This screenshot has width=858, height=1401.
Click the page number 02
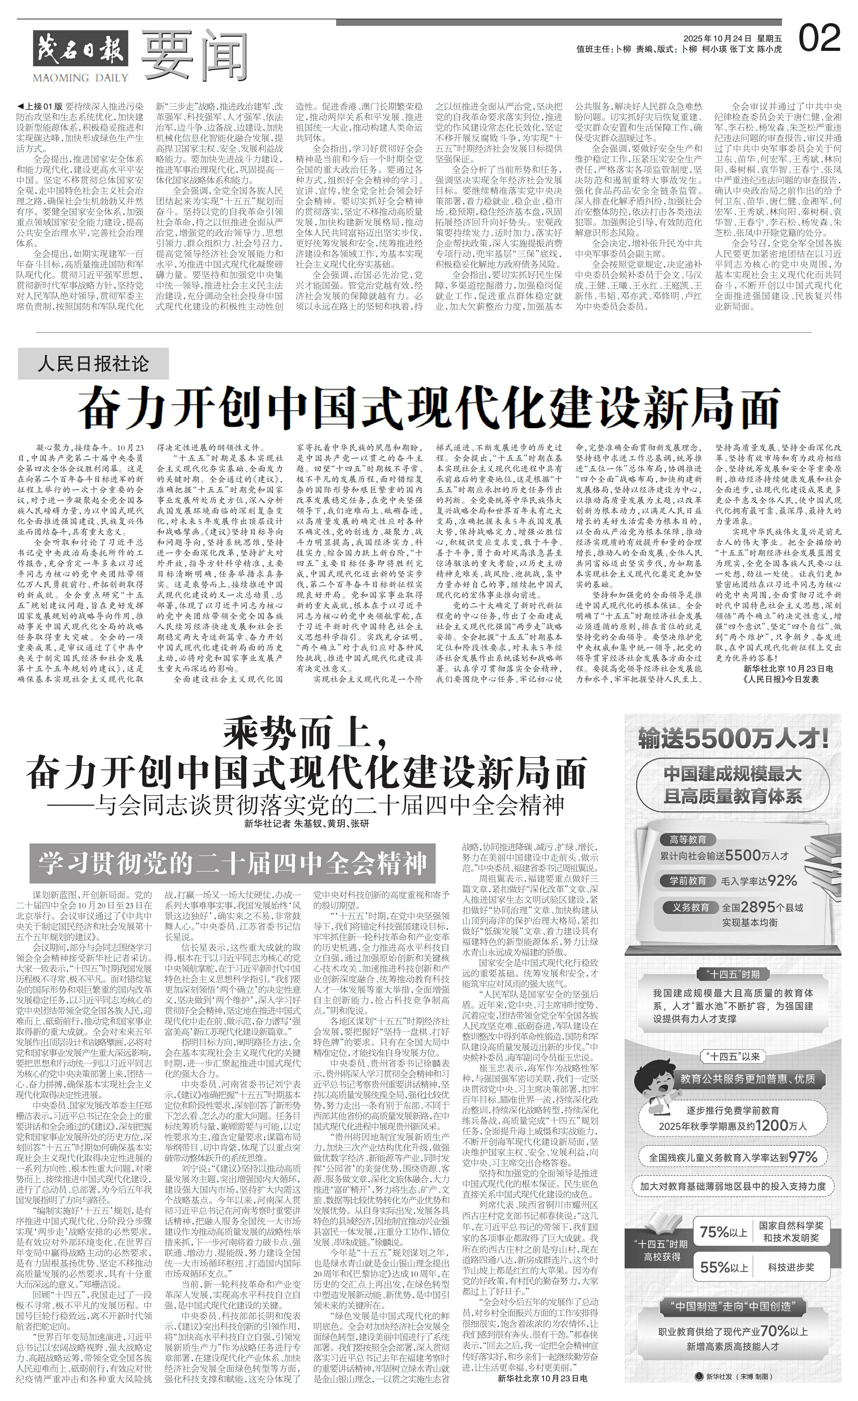pos(819,39)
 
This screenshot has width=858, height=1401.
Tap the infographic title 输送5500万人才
pos(732,739)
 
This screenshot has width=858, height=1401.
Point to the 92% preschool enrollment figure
pos(782,881)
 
